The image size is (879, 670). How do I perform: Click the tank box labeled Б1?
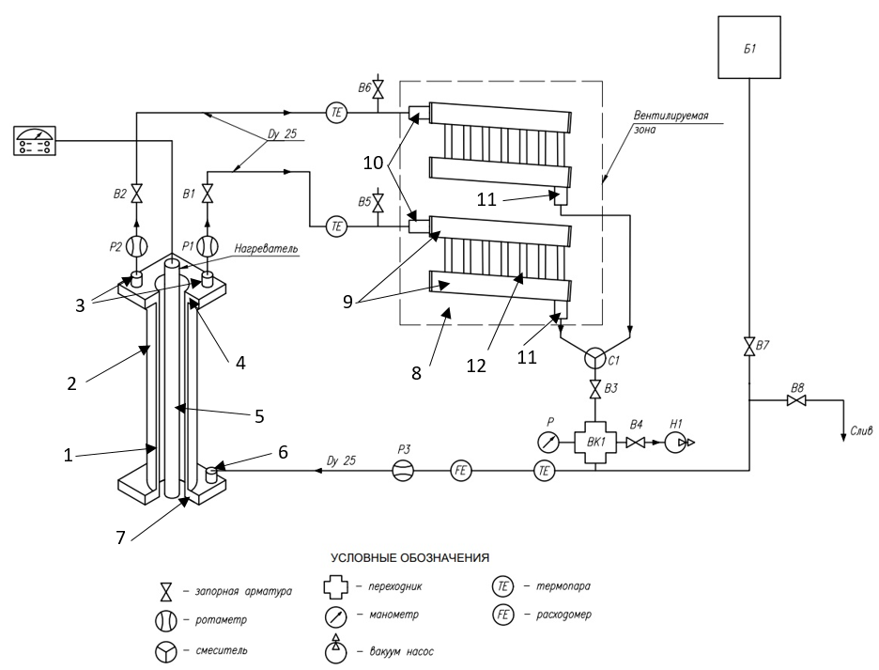(749, 47)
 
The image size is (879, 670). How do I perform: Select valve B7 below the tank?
(749, 346)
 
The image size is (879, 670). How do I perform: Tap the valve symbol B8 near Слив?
(796, 400)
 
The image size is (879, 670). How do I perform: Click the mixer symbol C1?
(594, 358)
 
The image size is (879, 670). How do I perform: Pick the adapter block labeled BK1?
(595, 443)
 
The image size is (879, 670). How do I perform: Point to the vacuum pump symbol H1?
(676, 443)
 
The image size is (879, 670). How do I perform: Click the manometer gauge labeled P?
(548, 443)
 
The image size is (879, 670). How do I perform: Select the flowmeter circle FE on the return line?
(461, 471)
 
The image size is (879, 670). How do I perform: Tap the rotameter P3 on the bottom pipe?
(403, 471)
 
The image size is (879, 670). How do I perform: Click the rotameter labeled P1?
(208, 246)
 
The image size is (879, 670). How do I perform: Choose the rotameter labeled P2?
(136, 246)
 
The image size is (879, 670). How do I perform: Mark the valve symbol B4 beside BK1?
(635, 443)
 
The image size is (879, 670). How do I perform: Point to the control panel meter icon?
(34, 140)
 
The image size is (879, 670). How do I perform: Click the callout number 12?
(476, 366)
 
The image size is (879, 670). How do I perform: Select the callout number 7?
(120, 538)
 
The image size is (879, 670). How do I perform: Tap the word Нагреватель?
(267, 249)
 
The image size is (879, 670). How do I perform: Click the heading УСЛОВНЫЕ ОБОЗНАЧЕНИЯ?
(409, 558)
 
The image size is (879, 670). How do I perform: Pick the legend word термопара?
(563, 586)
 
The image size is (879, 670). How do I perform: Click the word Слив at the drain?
(861, 431)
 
